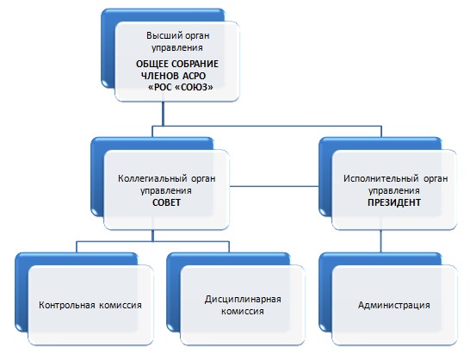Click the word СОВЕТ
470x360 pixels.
[x=166, y=202]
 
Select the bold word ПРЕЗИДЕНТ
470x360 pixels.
[x=394, y=202]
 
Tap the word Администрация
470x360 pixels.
[x=394, y=305]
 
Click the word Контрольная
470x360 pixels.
[x=67, y=305]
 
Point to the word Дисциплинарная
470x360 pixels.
[x=243, y=299]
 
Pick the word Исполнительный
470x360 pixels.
[x=380, y=178]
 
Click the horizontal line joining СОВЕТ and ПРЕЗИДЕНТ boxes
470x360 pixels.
[x=274, y=186]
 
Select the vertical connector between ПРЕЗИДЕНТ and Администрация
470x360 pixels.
[x=381, y=241]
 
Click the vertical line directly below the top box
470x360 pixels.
[x=163, y=114]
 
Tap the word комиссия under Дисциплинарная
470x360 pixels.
[x=243, y=311]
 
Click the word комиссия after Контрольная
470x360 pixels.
[x=121, y=305]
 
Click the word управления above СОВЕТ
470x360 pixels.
[x=166, y=191]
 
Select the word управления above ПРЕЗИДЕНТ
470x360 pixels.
[x=394, y=191]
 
